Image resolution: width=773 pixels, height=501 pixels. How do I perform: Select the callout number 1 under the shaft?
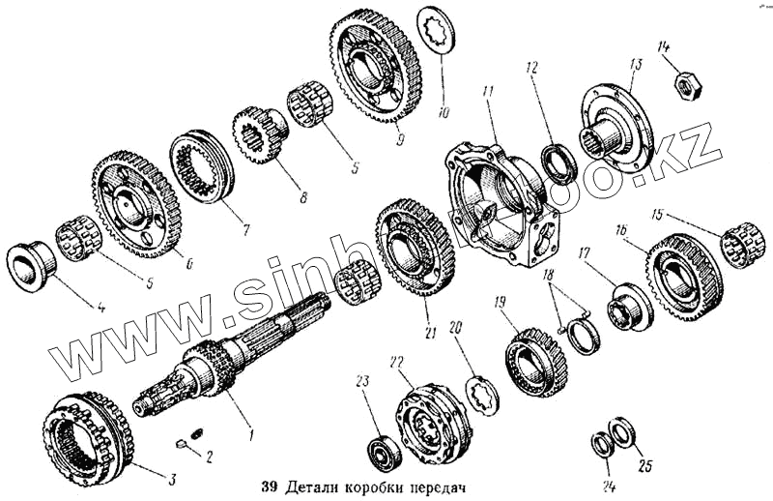[x=251, y=436]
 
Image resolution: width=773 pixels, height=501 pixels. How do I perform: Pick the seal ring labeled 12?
[x=559, y=162]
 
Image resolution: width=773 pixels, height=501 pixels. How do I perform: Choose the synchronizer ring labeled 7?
[x=202, y=167]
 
